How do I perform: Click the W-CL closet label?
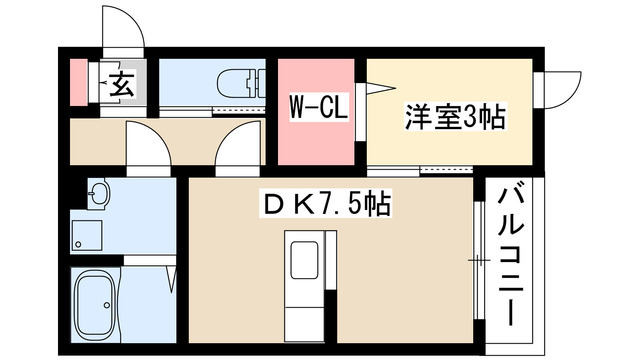click(x=319, y=108)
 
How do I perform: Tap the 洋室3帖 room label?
click(x=455, y=117)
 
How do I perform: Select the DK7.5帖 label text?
click(x=327, y=203)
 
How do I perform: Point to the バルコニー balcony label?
click(x=510, y=256)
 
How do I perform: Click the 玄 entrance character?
click(x=121, y=84)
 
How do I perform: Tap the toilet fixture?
click(x=241, y=83)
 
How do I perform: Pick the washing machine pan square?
click(x=87, y=235)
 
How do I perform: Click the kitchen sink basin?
click(x=304, y=260)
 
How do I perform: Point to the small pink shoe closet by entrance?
click(x=79, y=82)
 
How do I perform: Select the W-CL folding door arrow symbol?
click(x=380, y=89)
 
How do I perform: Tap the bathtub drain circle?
click(x=107, y=304)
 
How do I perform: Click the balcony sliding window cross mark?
click(x=478, y=260)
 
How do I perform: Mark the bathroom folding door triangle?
click(x=172, y=279)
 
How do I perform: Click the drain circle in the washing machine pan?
click(x=78, y=244)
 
